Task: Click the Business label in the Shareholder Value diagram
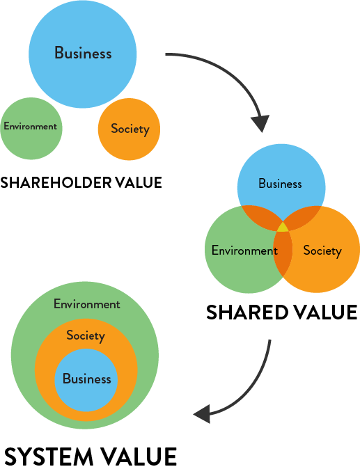(83, 52)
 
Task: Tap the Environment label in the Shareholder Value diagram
(30, 126)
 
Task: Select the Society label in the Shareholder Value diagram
(130, 129)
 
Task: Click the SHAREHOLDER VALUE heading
(81, 182)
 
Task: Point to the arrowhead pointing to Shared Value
(260, 123)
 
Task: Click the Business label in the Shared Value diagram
(280, 184)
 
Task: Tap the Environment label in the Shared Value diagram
(244, 251)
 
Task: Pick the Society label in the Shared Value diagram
(322, 251)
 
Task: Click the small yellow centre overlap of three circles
(283, 227)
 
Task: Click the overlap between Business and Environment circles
(260, 216)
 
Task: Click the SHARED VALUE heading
(281, 312)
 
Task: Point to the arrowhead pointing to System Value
(203, 414)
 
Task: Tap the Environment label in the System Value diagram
(87, 304)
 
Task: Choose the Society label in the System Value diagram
(86, 335)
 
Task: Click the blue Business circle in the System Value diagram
(86, 380)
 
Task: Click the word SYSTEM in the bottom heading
(49, 457)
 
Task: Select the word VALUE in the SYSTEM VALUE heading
(139, 457)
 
